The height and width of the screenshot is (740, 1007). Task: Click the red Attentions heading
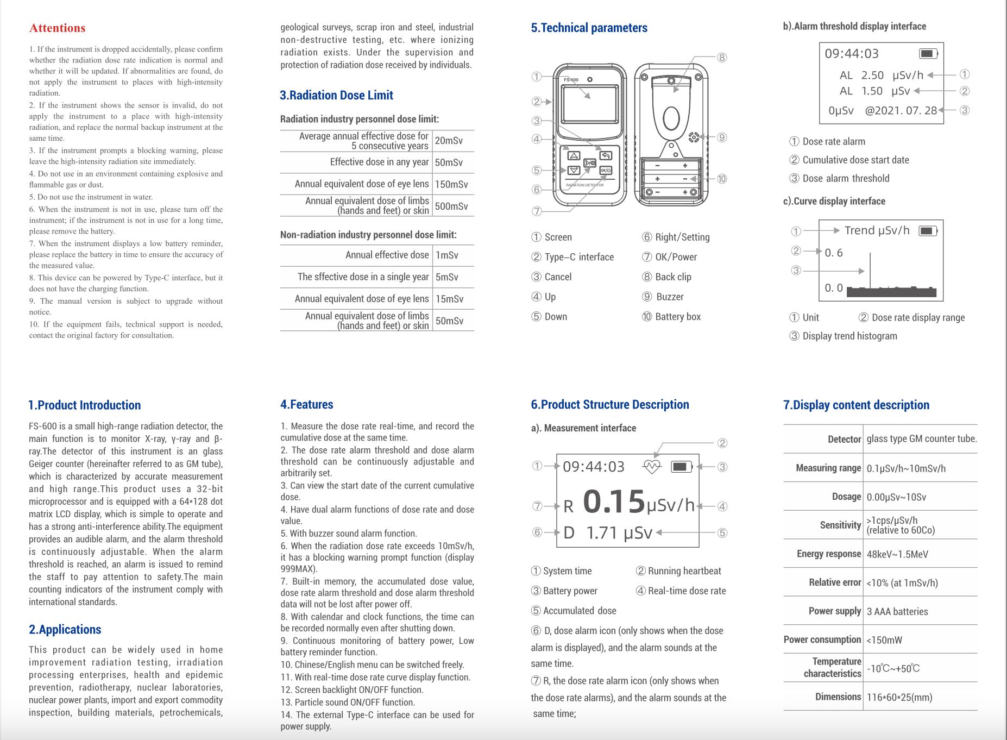tap(57, 28)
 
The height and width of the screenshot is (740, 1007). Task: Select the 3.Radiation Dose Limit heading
tap(336, 96)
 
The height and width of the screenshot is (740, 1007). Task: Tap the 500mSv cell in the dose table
tap(451, 206)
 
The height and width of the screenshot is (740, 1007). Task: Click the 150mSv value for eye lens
tap(451, 185)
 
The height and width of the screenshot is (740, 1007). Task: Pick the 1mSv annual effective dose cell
tap(447, 255)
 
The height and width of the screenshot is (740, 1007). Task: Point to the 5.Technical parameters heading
tap(589, 28)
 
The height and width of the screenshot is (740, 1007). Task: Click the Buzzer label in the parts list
tap(670, 297)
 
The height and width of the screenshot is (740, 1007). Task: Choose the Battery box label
tap(678, 317)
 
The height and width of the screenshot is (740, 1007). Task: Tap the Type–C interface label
tap(579, 258)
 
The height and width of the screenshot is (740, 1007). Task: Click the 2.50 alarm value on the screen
tap(872, 76)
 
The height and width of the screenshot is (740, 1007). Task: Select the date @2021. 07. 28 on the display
tap(901, 111)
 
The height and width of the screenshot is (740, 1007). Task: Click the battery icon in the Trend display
tap(928, 231)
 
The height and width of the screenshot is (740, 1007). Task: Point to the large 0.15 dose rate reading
tap(614, 501)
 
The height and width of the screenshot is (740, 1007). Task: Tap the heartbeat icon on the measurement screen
tap(651, 467)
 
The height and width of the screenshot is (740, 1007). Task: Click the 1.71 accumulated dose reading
tap(602, 533)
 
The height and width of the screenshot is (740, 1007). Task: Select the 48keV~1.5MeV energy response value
tap(897, 555)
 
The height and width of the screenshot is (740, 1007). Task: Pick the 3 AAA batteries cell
tap(897, 612)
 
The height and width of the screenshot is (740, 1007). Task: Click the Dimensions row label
tap(838, 697)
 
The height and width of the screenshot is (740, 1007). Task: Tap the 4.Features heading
tap(307, 405)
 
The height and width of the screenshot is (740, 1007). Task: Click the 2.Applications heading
tap(65, 630)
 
